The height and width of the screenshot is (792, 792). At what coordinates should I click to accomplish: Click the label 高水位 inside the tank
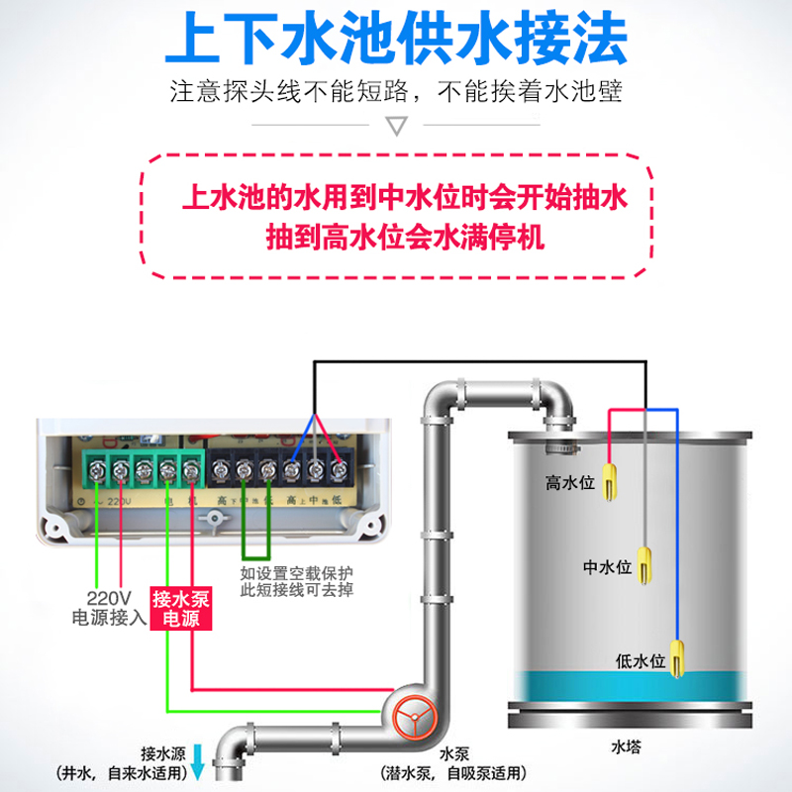pos(569,483)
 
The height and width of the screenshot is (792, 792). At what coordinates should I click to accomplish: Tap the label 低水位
pos(640,660)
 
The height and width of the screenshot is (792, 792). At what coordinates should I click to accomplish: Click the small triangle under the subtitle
pos(396,127)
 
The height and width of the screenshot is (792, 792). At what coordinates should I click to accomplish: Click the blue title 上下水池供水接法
pos(396,40)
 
